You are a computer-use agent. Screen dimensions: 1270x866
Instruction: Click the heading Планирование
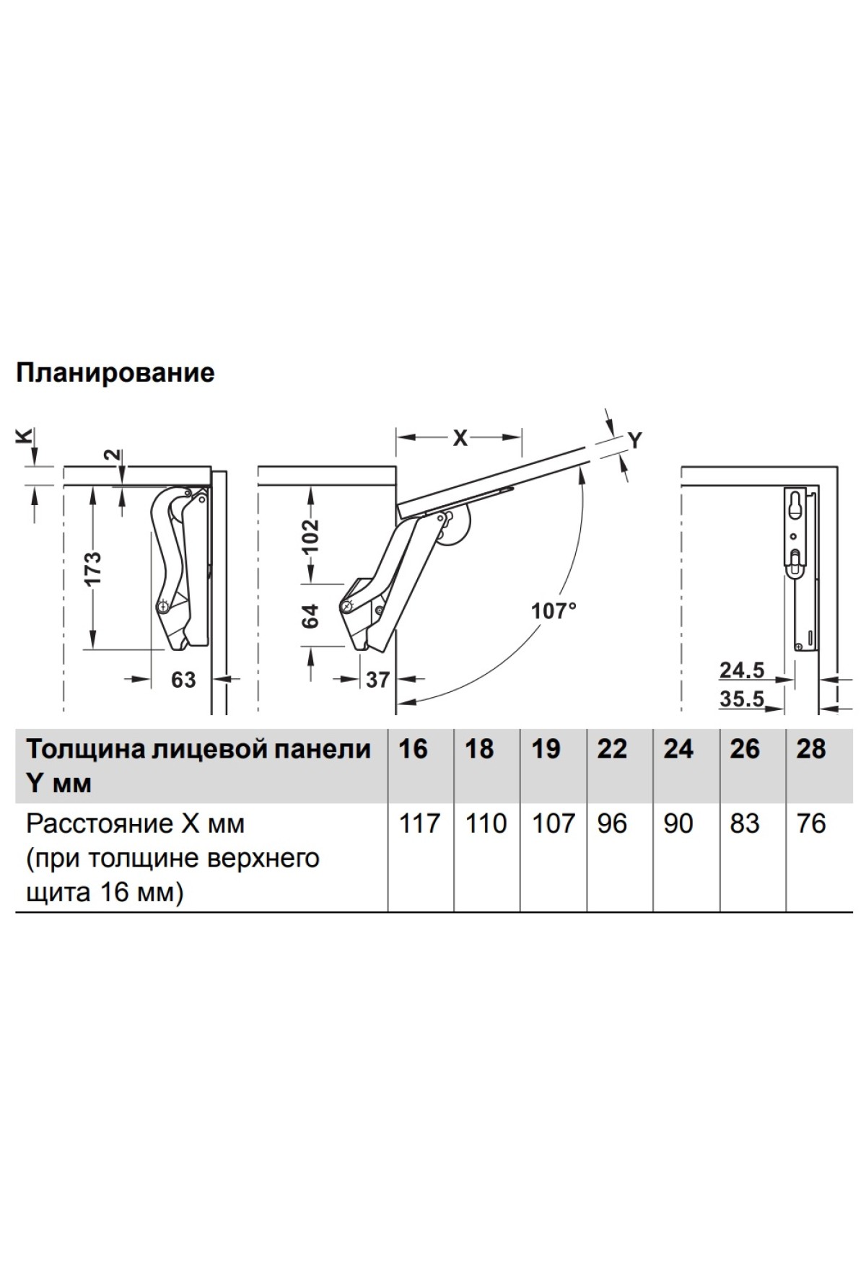[x=115, y=373]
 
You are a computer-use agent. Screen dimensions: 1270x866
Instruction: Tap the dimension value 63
[x=183, y=679]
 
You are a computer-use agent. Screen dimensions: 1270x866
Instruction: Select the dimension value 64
[x=310, y=616]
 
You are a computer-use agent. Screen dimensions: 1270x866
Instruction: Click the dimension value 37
[x=377, y=679]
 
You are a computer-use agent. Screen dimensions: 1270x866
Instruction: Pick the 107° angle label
[x=554, y=611]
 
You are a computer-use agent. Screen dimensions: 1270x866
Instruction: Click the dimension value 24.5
[x=741, y=670]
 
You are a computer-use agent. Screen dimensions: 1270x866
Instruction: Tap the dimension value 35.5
[x=741, y=698]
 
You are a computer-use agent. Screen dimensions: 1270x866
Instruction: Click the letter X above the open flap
[x=460, y=437]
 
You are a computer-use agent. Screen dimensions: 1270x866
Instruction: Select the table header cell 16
[x=413, y=749]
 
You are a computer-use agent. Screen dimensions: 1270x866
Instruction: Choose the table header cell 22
[x=612, y=749]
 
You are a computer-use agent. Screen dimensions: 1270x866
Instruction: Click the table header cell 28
[x=810, y=749]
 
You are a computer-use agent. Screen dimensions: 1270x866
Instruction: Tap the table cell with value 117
[x=420, y=823]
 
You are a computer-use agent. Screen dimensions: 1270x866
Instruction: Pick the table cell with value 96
[x=612, y=823]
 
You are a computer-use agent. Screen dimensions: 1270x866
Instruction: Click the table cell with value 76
[x=810, y=823]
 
